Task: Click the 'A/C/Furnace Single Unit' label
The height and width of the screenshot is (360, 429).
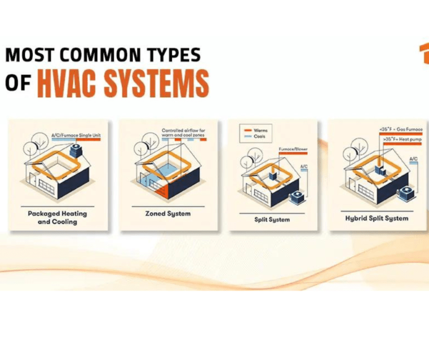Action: point(73,135)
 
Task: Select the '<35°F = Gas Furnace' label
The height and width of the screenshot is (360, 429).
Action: point(400,130)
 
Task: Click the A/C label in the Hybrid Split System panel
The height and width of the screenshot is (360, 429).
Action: point(413,159)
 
